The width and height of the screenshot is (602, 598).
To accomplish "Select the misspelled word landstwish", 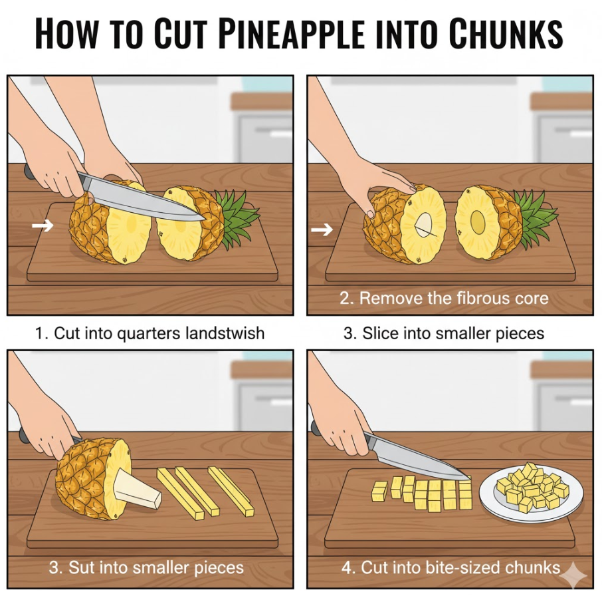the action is (225, 333).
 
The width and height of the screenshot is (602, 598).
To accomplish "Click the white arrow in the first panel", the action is (43, 225).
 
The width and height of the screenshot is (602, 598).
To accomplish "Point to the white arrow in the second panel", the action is (322, 230).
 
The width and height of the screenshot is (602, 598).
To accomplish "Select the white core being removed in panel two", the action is (425, 224).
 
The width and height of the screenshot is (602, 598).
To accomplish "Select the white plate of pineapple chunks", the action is (532, 494).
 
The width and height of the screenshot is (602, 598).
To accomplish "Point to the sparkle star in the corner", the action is (573, 575).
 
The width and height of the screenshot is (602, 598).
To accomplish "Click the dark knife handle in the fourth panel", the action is (316, 427).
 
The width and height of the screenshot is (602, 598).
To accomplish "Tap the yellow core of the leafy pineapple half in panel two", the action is (478, 223).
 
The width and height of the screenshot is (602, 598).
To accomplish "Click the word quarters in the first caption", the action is (149, 333).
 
